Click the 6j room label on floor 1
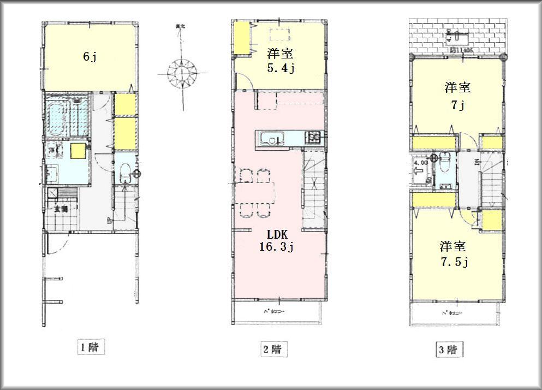tap(90, 56)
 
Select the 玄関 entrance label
tap(60, 208)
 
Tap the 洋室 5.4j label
tap(281, 61)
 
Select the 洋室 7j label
tap(457, 96)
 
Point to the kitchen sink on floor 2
tap(270, 139)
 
